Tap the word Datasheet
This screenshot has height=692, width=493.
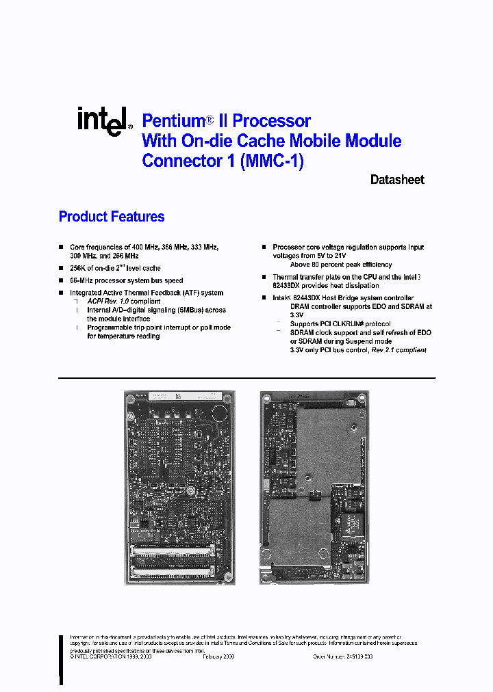click(x=397, y=180)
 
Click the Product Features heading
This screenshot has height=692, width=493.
click(x=112, y=217)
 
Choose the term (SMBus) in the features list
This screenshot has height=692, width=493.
click(x=197, y=310)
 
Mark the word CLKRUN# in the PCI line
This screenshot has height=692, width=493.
click(x=353, y=323)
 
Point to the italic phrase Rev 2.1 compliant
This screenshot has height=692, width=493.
click(x=399, y=349)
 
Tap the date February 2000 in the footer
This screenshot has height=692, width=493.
click(x=218, y=656)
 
